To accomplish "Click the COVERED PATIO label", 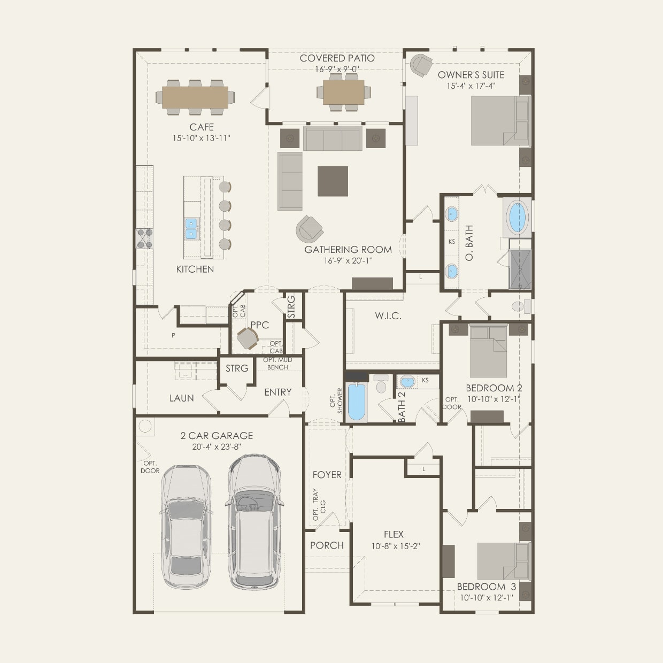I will coord(337,58).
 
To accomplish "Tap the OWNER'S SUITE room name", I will coord(471,75).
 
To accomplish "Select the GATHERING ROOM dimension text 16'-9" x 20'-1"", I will coord(348,260).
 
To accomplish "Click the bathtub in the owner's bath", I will coord(517,216).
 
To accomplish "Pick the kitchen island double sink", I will coord(191,228).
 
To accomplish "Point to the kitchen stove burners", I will coord(144,238).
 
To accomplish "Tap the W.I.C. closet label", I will coord(388,316).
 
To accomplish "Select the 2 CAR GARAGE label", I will coord(217,436).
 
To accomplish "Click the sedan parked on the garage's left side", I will coord(186,527).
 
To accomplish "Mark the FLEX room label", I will coord(394,534).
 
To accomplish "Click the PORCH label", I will coord(327,545).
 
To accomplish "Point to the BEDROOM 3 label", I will coord(486,587).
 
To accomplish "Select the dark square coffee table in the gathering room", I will coord(333,181).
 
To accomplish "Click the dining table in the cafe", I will coord(195,97).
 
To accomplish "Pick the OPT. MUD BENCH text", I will coord(277,364).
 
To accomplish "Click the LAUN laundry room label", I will coord(181,398).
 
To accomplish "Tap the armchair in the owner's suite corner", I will coord(421,66).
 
